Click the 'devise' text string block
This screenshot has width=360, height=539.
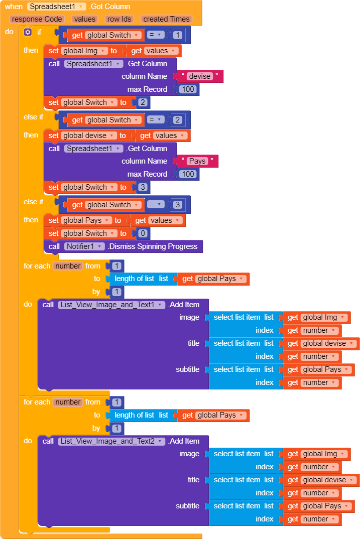click(x=200, y=76)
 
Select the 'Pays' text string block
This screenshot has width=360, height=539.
click(x=197, y=161)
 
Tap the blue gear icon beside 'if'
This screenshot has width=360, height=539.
click(x=28, y=32)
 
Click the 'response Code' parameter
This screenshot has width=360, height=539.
click(x=37, y=19)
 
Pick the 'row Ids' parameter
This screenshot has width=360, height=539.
click(x=119, y=19)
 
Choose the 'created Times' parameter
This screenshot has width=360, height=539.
click(x=166, y=19)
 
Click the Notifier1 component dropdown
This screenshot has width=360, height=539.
click(x=84, y=246)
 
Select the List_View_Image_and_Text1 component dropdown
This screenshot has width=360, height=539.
click(x=111, y=305)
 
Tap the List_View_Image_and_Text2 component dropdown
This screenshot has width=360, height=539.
click(x=111, y=441)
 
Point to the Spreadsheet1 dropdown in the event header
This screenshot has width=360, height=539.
click(x=57, y=7)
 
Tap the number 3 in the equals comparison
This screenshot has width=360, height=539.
click(x=177, y=205)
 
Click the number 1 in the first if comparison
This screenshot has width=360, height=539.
click(x=177, y=35)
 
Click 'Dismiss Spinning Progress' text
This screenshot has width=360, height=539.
click(x=154, y=246)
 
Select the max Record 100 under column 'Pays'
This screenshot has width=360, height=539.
click(x=188, y=174)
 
